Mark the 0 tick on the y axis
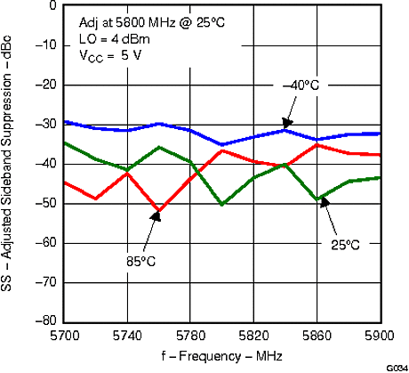52,4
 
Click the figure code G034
396,367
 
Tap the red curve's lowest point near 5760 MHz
159,211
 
